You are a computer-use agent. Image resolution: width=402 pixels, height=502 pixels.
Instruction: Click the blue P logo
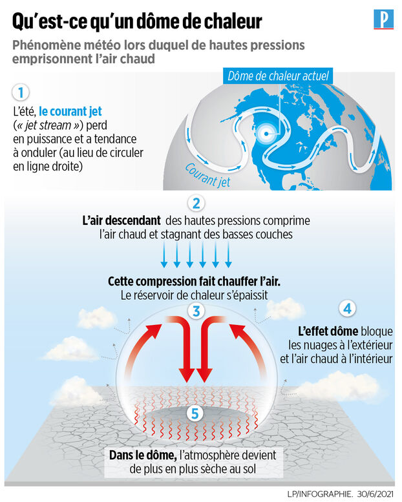383,19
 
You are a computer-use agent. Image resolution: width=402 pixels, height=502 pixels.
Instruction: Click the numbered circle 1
21,92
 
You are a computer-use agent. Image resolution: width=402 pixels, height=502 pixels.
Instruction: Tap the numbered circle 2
196,204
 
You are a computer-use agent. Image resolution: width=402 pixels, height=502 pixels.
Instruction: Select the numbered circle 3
196,311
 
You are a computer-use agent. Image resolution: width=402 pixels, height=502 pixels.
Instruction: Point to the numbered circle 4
348,309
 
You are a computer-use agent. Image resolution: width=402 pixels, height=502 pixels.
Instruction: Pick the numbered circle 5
195,413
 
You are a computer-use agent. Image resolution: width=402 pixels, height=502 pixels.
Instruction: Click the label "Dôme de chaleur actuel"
278,76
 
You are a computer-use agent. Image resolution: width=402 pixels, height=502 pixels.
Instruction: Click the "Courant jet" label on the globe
207,175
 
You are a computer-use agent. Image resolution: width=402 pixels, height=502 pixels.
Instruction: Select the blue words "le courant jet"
70,111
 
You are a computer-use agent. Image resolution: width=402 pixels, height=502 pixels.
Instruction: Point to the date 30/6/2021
375,494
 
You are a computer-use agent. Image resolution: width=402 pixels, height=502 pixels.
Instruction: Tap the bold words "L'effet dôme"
328,331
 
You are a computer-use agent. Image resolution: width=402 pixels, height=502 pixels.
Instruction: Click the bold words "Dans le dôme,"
143,455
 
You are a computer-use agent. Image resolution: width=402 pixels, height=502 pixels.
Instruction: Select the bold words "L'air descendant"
122,220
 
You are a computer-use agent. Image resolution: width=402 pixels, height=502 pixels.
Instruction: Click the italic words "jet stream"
48,125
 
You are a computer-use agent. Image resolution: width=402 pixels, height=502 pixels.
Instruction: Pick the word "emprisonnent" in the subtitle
51,59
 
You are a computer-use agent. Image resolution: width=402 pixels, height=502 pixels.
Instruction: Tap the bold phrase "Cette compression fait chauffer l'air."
194,282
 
